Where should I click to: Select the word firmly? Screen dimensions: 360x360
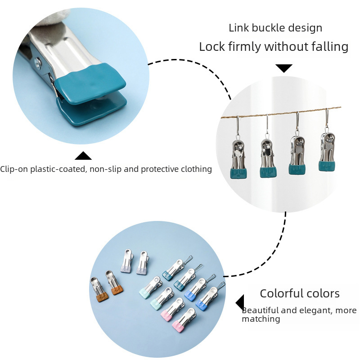coord(245,47)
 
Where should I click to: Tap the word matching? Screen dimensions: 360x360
coord(261,319)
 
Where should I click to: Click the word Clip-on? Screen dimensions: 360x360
coord(14,169)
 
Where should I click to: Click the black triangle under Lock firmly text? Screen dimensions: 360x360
coord(284,68)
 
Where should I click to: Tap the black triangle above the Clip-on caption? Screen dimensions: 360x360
coord(83,155)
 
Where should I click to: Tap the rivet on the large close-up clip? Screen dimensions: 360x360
coord(38,62)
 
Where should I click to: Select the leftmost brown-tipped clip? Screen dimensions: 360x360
coord(99,289)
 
